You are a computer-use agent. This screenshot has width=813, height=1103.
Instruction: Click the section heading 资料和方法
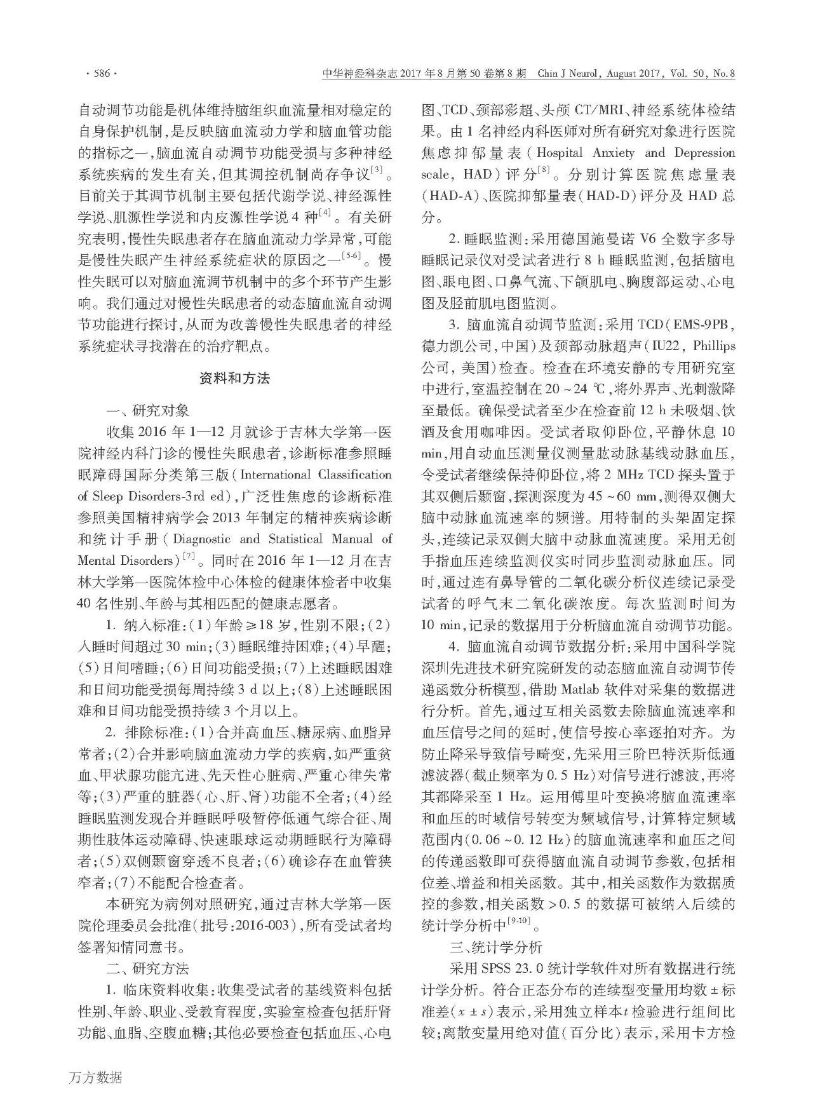[234, 379]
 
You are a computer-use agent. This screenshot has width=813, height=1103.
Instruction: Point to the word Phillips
[712, 346]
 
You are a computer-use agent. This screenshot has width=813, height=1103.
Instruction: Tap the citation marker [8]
[543, 170]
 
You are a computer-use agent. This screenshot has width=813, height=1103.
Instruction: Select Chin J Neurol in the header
[568, 74]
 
